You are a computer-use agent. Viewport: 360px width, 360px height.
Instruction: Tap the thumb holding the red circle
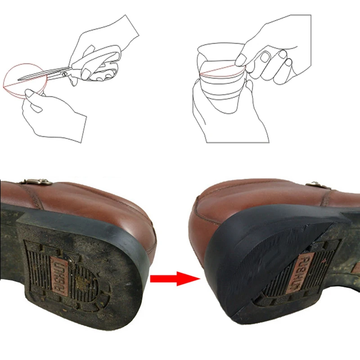31,93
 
